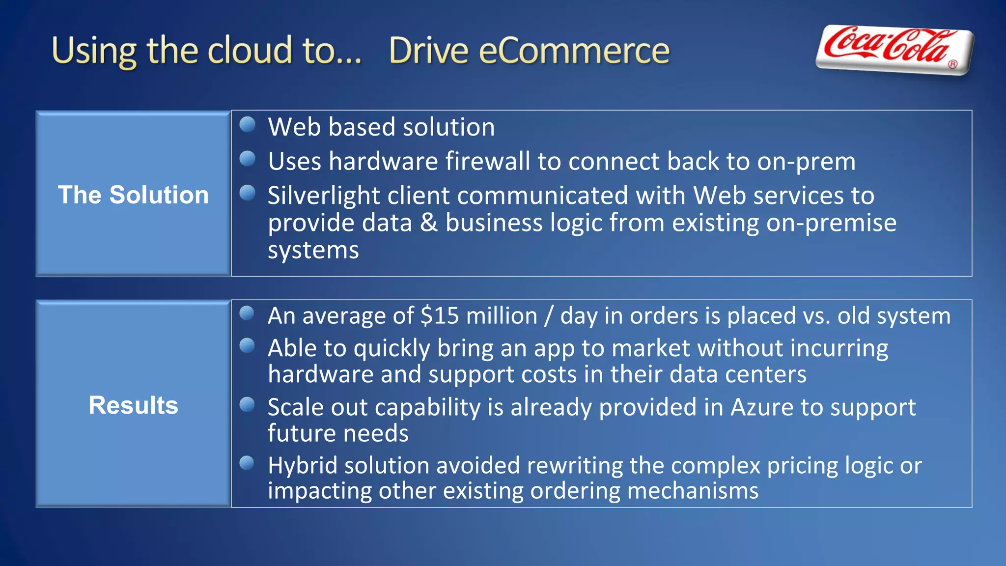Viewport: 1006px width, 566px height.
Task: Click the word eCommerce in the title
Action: pos(574,51)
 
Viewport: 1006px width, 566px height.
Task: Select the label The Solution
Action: pos(133,195)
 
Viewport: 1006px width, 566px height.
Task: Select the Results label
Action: pos(133,405)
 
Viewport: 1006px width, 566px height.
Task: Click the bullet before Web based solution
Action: pos(248,124)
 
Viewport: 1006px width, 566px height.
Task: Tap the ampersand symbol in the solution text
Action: pos(428,223)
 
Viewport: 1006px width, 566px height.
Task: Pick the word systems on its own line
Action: pos(313,251)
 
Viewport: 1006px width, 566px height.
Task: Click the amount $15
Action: pos(440,315)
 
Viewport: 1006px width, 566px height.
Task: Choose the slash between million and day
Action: pos(549,316)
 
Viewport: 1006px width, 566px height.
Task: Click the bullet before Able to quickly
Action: pos(247,346)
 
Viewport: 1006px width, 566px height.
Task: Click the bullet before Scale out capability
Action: pos(247,405)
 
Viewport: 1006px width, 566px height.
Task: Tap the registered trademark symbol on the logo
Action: pos(952,64)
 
